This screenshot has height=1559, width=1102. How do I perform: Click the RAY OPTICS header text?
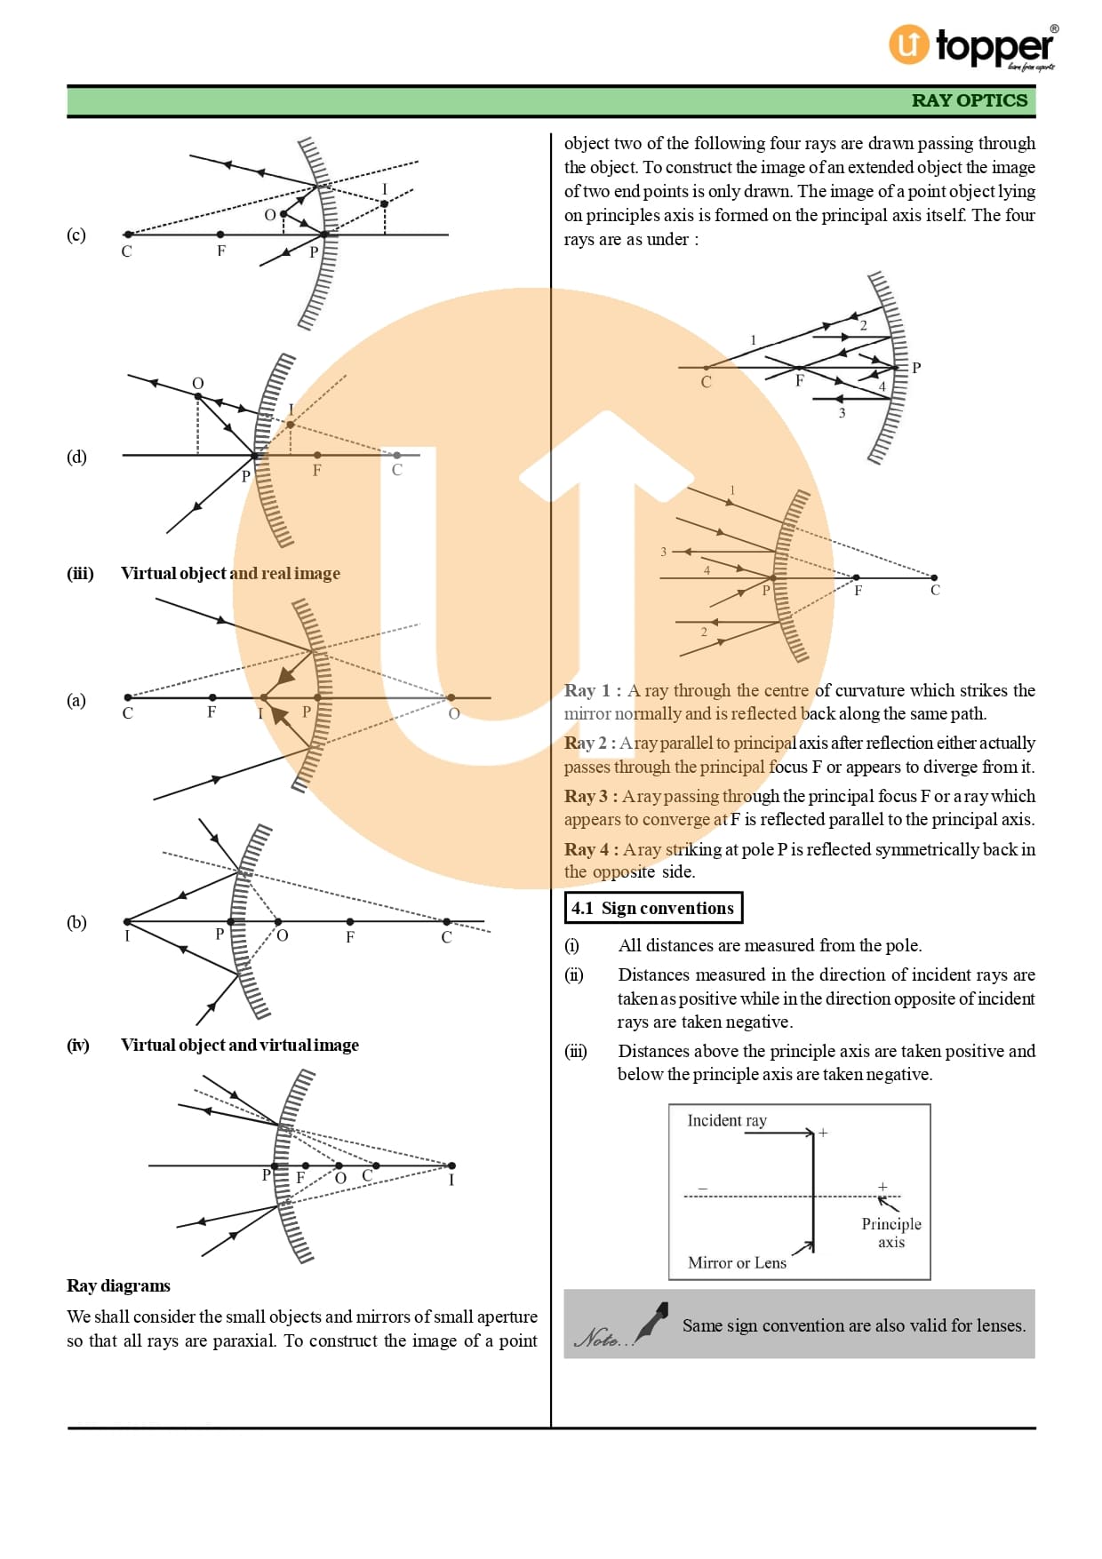[969, 100]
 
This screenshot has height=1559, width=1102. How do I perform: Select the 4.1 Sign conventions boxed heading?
[653, 908]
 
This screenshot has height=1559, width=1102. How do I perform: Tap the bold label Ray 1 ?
[593, 690]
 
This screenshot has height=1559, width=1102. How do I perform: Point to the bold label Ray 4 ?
[591, 849]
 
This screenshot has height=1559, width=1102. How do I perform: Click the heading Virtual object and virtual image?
[240, 1045]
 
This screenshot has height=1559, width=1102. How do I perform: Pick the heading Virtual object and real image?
[230, 573]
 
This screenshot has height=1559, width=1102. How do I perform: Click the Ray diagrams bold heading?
[118, 1285]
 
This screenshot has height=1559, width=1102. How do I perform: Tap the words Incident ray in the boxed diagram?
[726, 1120]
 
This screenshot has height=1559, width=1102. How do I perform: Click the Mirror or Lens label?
[737, 1262]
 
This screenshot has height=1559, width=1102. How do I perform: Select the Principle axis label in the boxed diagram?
[890, 1232]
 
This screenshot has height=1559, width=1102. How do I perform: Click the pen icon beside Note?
[653, 1323]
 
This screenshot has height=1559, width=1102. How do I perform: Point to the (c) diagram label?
[76, 235]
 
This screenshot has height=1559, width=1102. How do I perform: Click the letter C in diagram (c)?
[126, 251]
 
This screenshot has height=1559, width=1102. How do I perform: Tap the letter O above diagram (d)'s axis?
[198, 383]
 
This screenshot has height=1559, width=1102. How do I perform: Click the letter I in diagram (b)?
[127, 936]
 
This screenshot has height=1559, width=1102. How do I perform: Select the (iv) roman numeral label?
[78, 1045]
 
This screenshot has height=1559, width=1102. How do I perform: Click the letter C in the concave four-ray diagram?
[706, 382]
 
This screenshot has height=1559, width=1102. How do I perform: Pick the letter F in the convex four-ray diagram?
[858, 590]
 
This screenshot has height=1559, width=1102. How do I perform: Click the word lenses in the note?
[999, 1325]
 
